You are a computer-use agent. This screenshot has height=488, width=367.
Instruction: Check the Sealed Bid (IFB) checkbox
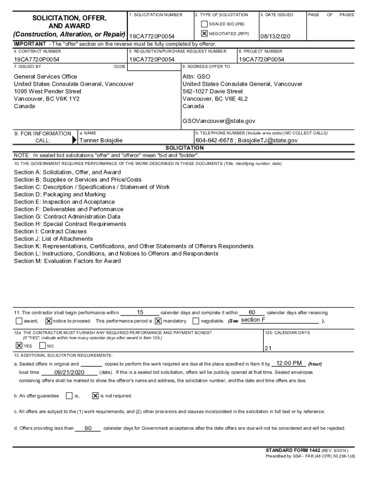point(204,24)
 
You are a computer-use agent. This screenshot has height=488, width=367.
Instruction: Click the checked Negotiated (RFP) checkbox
point(204,34)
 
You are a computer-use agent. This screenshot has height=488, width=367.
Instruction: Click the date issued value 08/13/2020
point(275,37)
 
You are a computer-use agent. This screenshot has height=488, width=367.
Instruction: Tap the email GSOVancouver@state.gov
point(219,122)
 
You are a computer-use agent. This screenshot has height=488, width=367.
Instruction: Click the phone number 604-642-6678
point(214,141)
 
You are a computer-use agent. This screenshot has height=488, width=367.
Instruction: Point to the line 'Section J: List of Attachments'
point(53,239)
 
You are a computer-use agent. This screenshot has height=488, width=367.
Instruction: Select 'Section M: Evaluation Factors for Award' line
point(67,261)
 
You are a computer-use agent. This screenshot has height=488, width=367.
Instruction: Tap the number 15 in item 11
point(140,313)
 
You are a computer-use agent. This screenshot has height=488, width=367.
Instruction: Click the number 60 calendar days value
point(252,313)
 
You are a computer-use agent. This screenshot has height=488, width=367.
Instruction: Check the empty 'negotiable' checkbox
point(196,321)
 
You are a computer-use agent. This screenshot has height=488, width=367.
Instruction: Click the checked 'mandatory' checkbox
point(158,321)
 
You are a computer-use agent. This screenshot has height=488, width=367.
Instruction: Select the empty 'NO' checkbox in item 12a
point(42,346)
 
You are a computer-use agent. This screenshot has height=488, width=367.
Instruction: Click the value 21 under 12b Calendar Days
point(268,348)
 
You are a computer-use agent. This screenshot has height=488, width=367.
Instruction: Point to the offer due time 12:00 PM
point(289,364)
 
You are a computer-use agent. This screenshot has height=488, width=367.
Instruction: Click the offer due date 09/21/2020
point(69,372)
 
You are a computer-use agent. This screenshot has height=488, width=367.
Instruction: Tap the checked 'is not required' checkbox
point(95,396)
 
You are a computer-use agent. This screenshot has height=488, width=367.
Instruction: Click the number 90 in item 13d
point(88,428)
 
